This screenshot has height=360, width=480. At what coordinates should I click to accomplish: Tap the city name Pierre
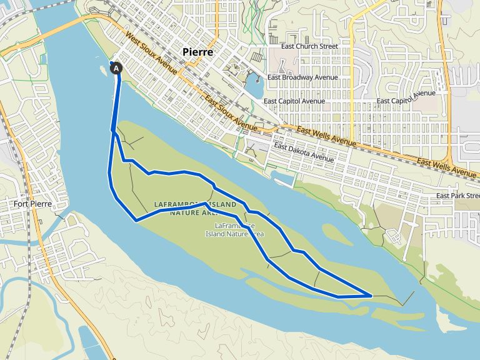(x=197, y=52)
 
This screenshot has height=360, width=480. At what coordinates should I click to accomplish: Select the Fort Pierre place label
(x=31, y=204)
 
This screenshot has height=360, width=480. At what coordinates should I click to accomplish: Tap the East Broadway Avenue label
(x=302, y=77)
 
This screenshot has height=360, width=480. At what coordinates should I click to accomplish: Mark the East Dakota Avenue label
(x=304, y=153)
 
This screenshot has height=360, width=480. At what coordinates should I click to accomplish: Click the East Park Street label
(x=457, y=196)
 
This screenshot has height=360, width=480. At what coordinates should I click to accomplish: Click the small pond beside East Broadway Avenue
(x=254, y=85)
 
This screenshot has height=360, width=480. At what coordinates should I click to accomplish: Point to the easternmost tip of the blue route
(x=372, y=294)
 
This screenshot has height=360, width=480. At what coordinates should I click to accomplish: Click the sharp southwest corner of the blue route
(x=136, y=219)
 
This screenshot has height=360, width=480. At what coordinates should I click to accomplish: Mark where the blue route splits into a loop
(x=113, y=131)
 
